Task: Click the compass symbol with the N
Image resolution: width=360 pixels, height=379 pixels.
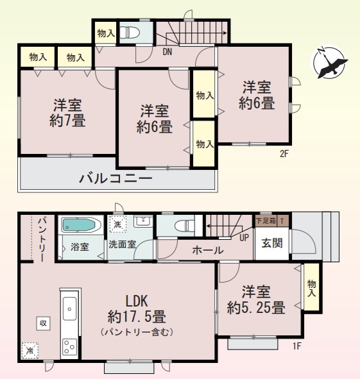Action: click(x=329, y=62)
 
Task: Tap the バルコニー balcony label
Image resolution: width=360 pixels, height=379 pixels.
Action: click(x=116, y=179)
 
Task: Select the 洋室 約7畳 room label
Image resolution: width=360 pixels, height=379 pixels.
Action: click(x=67, y=113)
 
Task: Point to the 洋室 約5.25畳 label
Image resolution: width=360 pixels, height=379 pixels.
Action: click(x=256, y=299)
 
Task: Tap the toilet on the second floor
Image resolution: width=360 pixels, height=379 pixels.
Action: click(x=130, y=33)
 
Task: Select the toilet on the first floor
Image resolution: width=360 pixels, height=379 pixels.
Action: click(x=184, y=226)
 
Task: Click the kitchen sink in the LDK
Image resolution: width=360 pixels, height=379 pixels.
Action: click(x=70, y=309)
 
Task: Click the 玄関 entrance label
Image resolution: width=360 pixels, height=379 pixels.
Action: click(x=272, y=243)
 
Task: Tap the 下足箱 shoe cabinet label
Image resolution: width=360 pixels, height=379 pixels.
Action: click(x=266, y=221)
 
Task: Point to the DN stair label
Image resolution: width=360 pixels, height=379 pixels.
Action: click(x=167, y=52)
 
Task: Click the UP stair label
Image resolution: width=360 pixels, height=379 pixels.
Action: click(x=244, y=238)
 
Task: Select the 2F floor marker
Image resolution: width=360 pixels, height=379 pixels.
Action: click(x=284, y=154)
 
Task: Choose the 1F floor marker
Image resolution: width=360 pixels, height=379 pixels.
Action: click(x=297, y=346)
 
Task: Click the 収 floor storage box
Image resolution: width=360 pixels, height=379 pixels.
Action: click(x=43, y=323)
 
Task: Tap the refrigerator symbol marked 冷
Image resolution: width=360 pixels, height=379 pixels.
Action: click(x=30, y=350)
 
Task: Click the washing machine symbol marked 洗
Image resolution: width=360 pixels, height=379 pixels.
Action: click(x=118, y=224)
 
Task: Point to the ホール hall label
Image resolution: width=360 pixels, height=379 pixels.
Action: click(x=208, y=250)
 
